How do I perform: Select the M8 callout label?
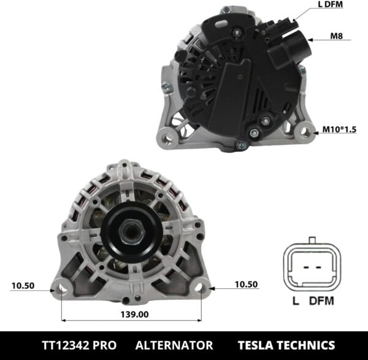(336, 36)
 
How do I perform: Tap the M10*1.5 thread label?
(338, 130)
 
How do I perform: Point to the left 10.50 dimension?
(22, 285)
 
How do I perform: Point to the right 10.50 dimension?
(247, 285)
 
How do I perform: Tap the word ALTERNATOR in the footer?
(174, 345)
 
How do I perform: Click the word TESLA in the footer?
(259, 345)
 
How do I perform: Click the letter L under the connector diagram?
(296, 301)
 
